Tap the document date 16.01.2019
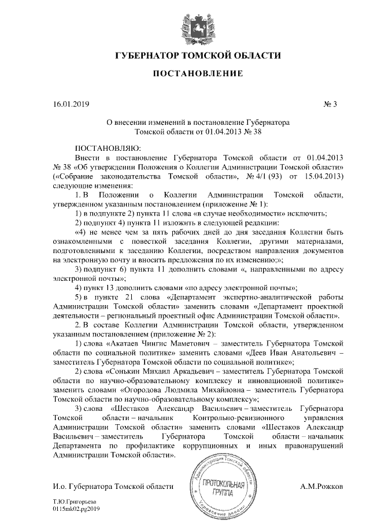(x=71, y=105)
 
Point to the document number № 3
(x=335, y=105)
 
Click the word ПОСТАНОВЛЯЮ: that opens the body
(x=104, y=149)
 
